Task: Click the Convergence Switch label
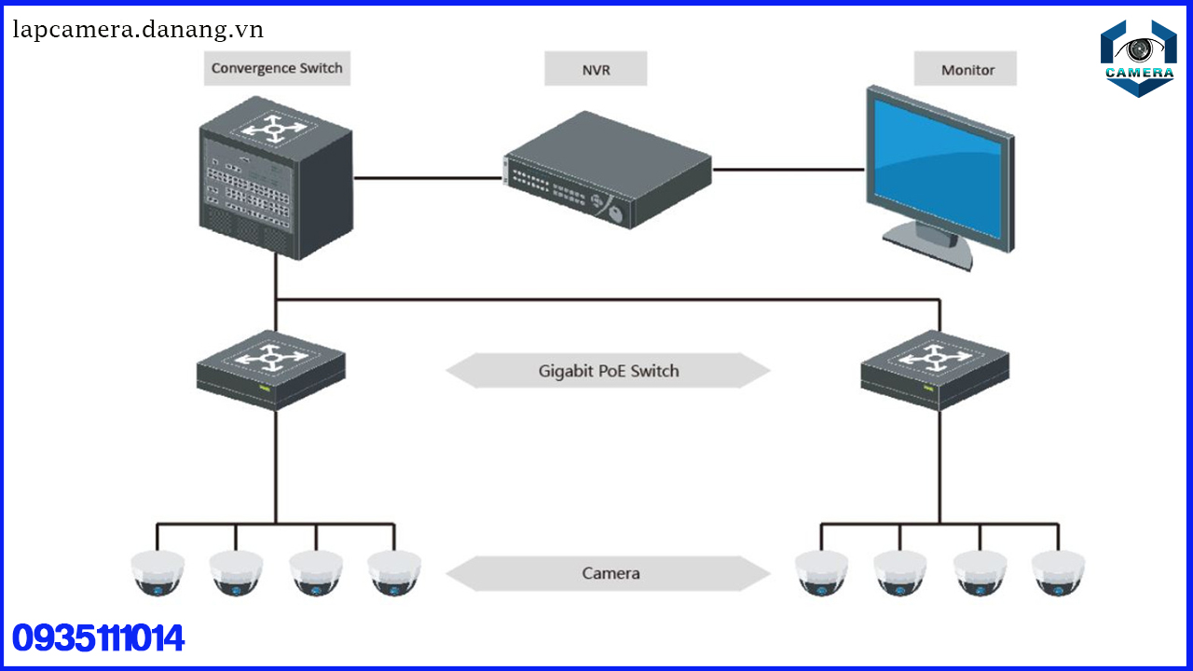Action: click(277, 68)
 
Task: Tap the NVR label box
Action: click(596, 69)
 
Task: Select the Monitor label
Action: click(967, 70)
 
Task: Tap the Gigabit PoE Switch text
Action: click(609, 371)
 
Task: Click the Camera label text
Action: click(611, 573)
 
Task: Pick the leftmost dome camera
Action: click(158, 572)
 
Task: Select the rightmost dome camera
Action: click(1058, 572)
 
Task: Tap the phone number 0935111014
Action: click(98, 639)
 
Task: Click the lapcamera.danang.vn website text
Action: click(139, 30)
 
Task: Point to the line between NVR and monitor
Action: click(788, 170)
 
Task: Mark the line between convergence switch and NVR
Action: click(428, 177)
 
